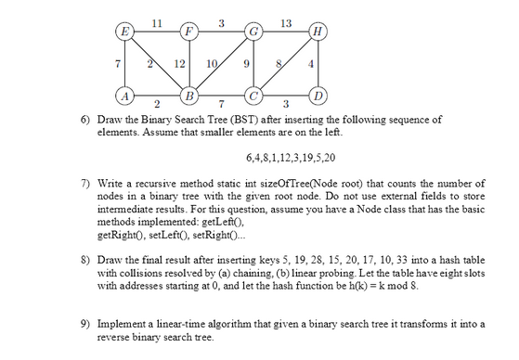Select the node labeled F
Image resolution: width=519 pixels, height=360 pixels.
pos(189,31)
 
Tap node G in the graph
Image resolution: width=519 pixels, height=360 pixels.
pos(252,31)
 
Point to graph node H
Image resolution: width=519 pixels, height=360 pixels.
pos(318,31)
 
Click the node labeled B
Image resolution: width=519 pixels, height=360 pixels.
pos(189,95)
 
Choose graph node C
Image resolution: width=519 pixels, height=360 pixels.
pos(252,95)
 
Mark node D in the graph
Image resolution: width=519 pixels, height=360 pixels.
pos(318,95)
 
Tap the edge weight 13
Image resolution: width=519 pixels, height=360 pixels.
pos(286,21)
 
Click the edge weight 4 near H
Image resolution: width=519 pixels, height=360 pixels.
pos(312,63)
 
